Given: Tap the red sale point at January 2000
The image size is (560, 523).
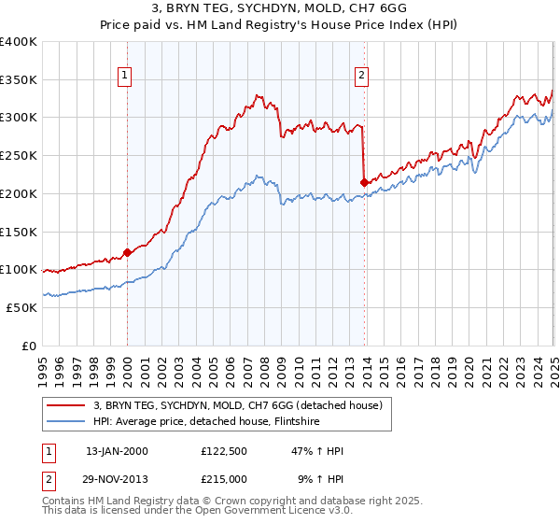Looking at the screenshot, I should click(127, 252).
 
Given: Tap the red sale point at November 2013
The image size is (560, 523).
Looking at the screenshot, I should click(363, 182).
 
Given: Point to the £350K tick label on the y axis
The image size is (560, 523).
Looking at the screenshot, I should click(19, 79).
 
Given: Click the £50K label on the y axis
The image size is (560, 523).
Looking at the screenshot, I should click(22, 307).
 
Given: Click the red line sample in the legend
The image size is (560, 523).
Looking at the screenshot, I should click(67, 406).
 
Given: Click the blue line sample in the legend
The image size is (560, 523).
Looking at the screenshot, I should click(67, 422).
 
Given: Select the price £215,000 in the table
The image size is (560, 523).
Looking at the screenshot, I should click(225, 479).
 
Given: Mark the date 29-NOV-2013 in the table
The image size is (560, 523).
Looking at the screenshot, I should click(117, 479).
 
